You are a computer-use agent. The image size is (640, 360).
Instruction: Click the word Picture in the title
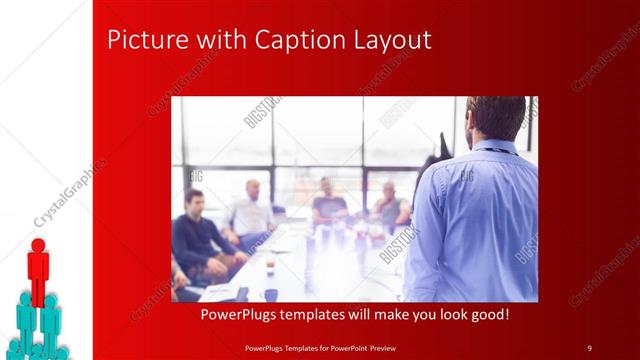point(139,41)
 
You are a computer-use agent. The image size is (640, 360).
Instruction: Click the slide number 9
point(590,347)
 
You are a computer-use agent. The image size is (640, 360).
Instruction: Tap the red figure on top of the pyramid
point(38,270)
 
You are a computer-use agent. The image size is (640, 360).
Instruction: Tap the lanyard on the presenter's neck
point(500,152)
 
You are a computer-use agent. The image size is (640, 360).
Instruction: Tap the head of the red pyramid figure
point(38,245)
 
